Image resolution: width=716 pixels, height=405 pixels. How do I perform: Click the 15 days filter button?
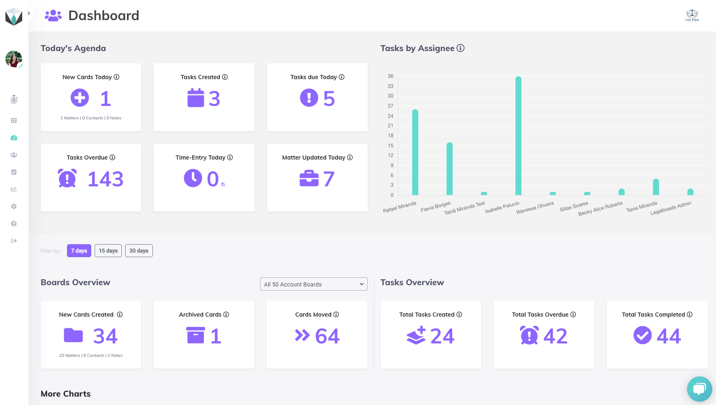tap(108, 250)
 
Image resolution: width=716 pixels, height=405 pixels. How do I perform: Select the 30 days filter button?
tap(139, 250)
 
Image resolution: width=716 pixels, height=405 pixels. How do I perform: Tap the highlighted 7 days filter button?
tap(79, 250)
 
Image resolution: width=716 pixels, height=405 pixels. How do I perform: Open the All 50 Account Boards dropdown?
tap(314, 284)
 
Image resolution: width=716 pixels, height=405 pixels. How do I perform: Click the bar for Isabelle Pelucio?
tap(518, 136)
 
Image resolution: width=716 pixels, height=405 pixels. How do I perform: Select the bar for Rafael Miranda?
tap(415, 152)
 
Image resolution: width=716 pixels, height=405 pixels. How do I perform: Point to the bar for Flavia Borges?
tap(449, 169)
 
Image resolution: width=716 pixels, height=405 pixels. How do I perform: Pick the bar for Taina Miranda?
tap(656, 187)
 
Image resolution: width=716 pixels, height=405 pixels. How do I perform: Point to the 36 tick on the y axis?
tap(391, 76)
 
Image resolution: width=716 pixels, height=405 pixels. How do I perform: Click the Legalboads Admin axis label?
tap(671, 208)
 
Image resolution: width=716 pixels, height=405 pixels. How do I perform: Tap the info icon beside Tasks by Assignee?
tap(460, 48)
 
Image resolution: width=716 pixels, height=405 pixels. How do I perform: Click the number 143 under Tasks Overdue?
tap(105, 179)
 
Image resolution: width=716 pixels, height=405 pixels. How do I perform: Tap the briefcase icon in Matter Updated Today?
tap(309, 178)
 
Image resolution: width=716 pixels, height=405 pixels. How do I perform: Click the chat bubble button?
tap(699, 389)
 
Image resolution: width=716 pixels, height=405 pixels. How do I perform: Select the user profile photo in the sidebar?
tap(14, 59)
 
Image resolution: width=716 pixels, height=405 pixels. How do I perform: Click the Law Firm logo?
tap(692, 15)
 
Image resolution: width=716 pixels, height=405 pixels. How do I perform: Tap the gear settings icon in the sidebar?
tap(14, 206)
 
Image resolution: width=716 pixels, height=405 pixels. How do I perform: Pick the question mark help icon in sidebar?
tap(14, 223)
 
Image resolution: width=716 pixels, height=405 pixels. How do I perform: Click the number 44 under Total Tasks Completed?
tap(669, 336)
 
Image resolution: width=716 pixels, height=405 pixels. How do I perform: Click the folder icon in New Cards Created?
tap(74, 335)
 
